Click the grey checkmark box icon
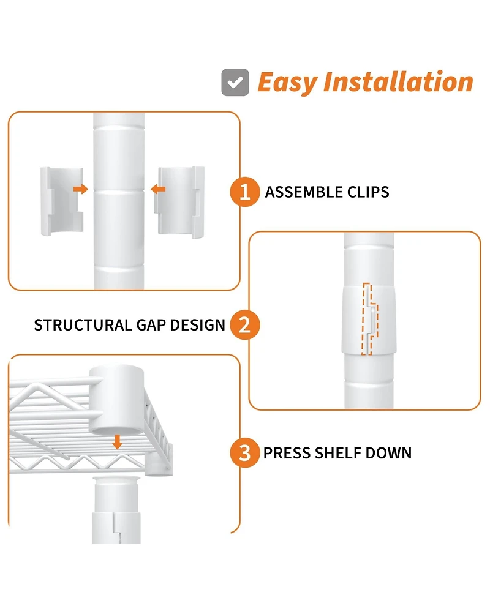[x=235, y=83]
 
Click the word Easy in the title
[x=288, y=83]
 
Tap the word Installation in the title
[x=398, y=81]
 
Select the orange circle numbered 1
[x=244, y=192]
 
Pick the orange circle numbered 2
[x=244, y=325]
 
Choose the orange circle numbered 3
[x=244, y=453]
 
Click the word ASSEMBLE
[x=298, y=192]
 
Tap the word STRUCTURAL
[x=83, y=325]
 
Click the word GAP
[x=151, y=325]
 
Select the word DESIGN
[x=198, y=325]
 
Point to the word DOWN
[x=388, y=453]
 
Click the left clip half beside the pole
[x=62, y=201]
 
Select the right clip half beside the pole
[x=179, y=202]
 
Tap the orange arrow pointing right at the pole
[x=81, y=189]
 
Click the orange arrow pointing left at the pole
[x=158, y=189]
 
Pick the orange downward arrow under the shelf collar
[x=118, y=443]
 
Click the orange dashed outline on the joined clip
[x=370, y=319]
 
